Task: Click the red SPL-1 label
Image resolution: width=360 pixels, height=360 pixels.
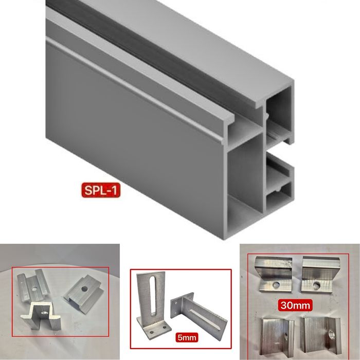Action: pyautogui.click(x=101, y=190)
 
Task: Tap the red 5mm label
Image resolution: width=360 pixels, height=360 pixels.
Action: pyautogui.click(x=187, y=337)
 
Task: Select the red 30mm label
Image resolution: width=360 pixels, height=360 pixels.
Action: pyautogui.click(x=295, y=305)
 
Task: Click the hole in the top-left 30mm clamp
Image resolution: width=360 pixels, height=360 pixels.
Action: pyautogui.click(x=276, y=285)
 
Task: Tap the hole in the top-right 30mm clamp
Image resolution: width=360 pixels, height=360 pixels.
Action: pyautogui.click(x=317, y=285)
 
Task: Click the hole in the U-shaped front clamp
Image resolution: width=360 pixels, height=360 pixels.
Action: pyautogui.click(x=44, y=312)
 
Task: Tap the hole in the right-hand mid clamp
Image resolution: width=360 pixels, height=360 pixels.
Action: pyautogui.click(x=84, y=289)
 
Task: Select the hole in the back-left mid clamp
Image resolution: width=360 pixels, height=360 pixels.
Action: pyautogui.click(x=34, y=289)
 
